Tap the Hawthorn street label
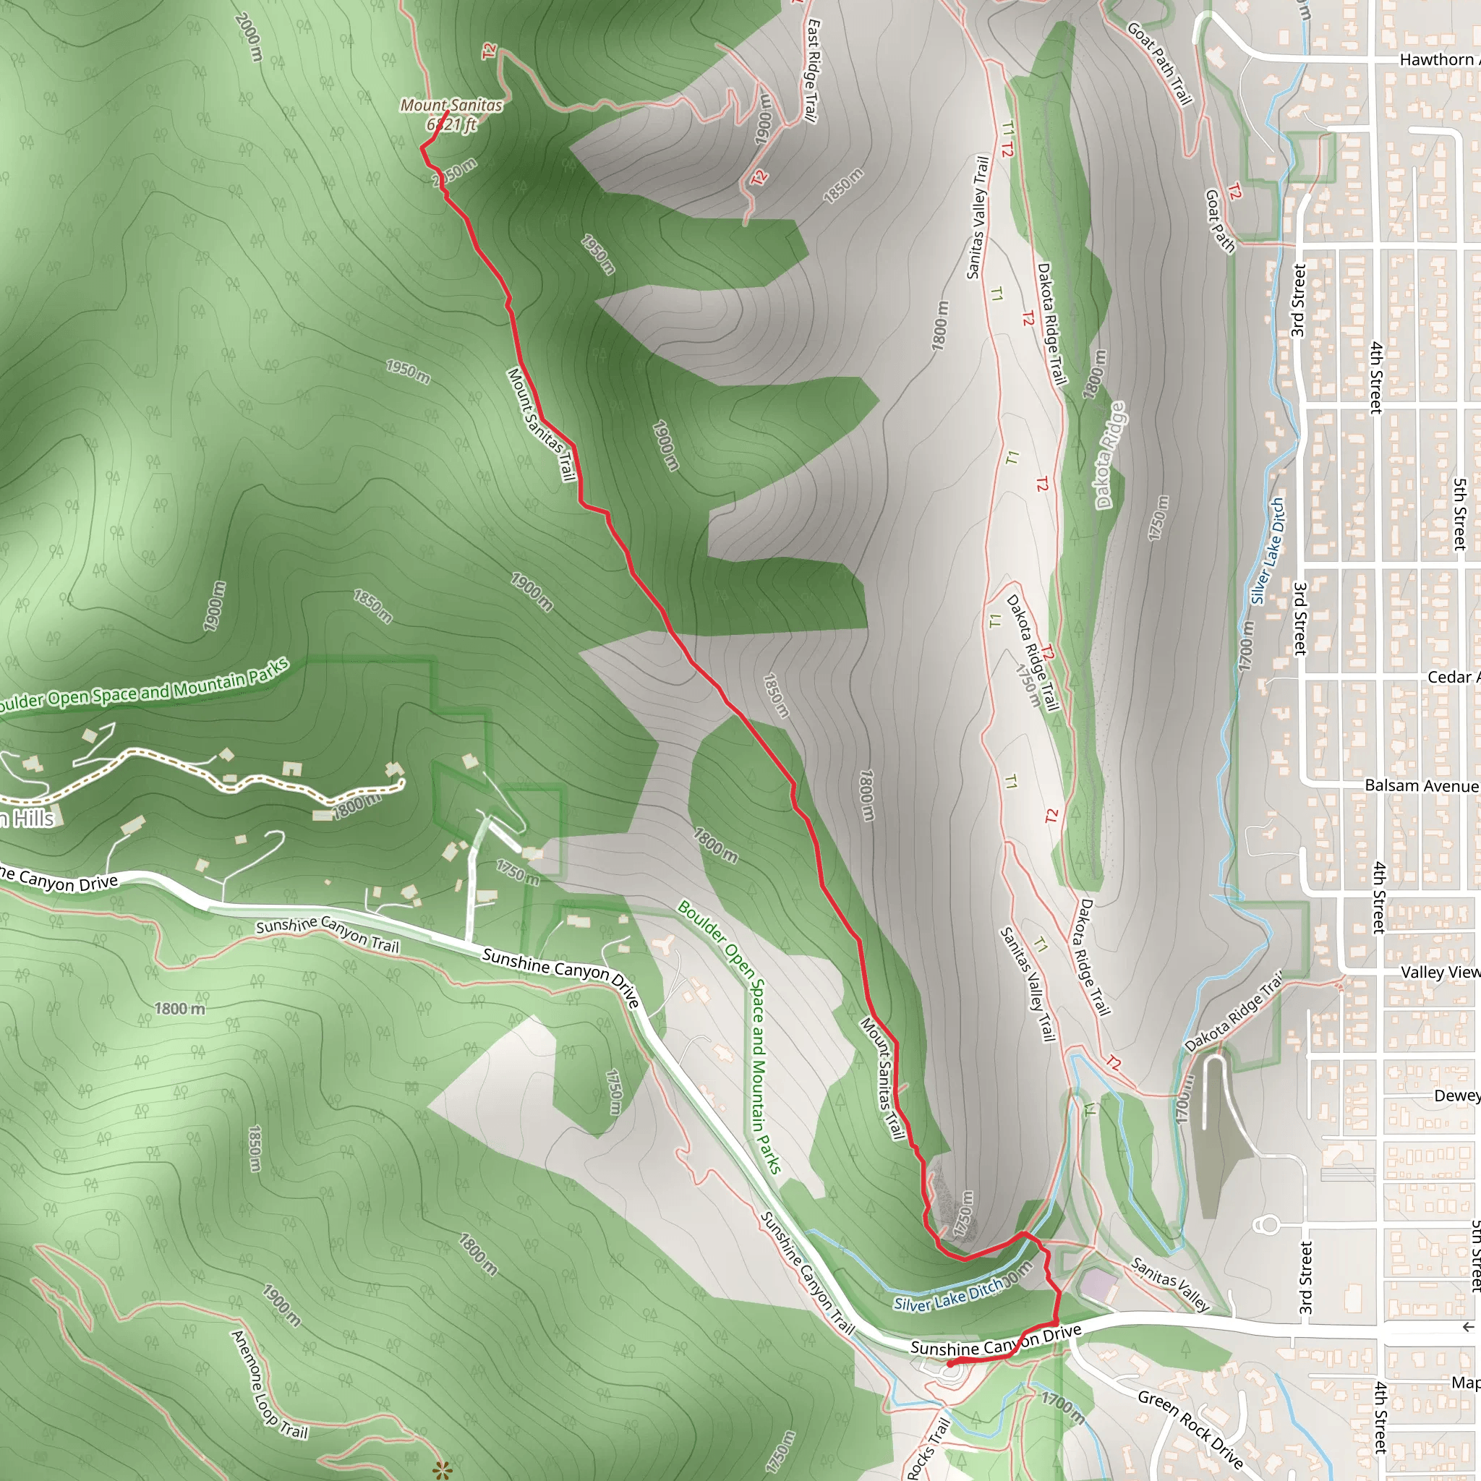[x=1439, y=60]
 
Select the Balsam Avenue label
[x=1421, y=786]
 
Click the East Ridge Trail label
[x=812, y=71]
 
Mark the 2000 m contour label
[x=249, y=38]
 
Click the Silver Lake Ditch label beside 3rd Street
[x=1267, y=551]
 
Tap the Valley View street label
[x=1440, y=972]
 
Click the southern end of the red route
[x=949, y=1365]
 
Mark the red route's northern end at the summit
[x=448, y=112]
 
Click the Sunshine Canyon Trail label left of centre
[x=328, y=934]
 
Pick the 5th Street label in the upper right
[x=1459, y=513]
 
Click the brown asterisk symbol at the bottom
[x=441, y=1469]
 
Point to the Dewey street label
[x=1456, y=1096]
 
